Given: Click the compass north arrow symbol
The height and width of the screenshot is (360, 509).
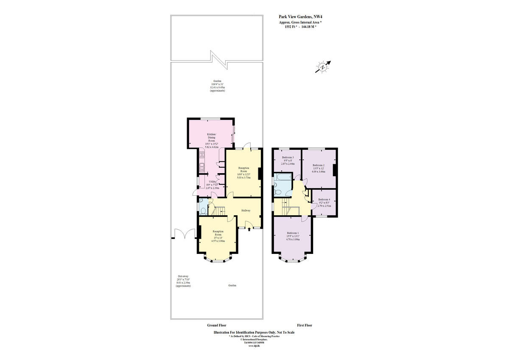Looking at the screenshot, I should click(x=323, y=67).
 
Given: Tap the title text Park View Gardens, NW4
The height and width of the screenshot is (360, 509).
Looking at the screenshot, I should click(x=297, y=17).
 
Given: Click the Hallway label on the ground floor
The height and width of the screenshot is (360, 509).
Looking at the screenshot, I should click(x=246, y=210).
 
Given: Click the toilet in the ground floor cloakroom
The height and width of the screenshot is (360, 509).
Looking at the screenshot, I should click(x=203, y=210).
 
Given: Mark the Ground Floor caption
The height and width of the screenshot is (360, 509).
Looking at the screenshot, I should click(x=216, y=325).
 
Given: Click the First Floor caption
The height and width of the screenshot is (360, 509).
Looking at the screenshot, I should click(x=304, y=325).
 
